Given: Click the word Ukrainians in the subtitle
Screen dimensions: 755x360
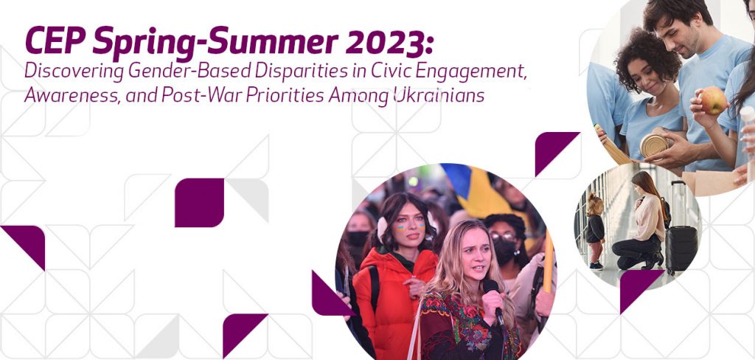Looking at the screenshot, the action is click(438, 95).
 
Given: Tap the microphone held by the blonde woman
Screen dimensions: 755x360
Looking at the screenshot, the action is click(493, 300).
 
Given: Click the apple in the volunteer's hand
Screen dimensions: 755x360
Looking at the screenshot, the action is click(713, 100).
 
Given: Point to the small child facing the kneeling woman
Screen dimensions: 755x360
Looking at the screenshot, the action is click(595, 231).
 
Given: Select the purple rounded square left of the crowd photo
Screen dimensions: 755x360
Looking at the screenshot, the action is click(199, 202).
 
